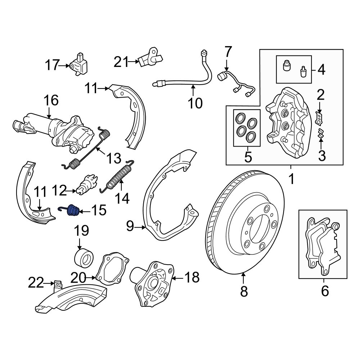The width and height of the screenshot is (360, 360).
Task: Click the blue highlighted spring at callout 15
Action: tap(73, 210)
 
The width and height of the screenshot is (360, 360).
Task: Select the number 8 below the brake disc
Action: tap(244, 291)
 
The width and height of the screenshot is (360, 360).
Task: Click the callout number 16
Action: tap(51, 100)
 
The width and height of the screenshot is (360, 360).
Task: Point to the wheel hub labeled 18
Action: tap(153, 284)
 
